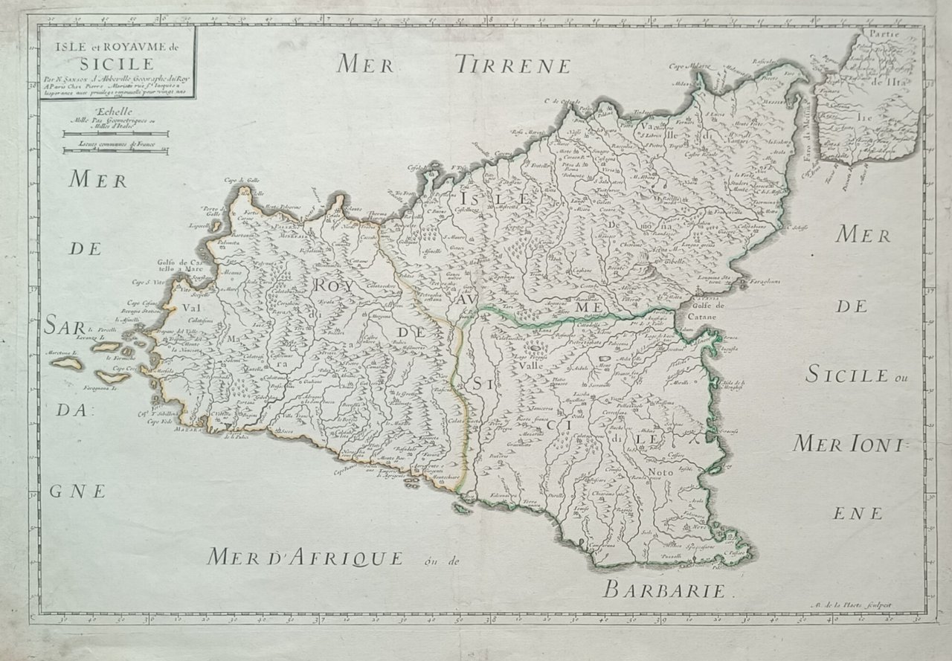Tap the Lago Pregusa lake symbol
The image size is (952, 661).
pos(535,346)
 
